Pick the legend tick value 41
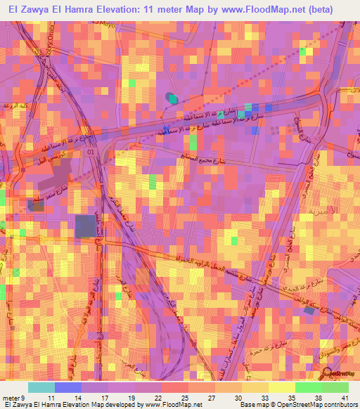coord(345,397)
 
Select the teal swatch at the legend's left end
coord(41,387)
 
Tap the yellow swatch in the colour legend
coord(281,387)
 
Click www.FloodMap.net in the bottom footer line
coord(173,405)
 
